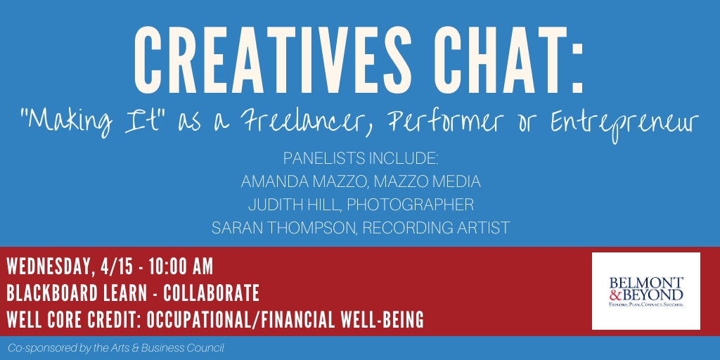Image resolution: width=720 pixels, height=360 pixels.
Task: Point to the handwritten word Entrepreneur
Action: coord(624,123)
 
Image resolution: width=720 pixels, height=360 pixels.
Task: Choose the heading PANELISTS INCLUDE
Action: coord(361,158)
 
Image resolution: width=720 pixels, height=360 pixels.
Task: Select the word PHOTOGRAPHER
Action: coord(410,205)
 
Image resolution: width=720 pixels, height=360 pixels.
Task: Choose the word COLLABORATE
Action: coord(211,293)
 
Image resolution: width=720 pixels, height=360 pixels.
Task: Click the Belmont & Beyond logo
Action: coord(645,290)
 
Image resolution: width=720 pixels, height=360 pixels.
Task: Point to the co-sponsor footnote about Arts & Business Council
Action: coord(116,347)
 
